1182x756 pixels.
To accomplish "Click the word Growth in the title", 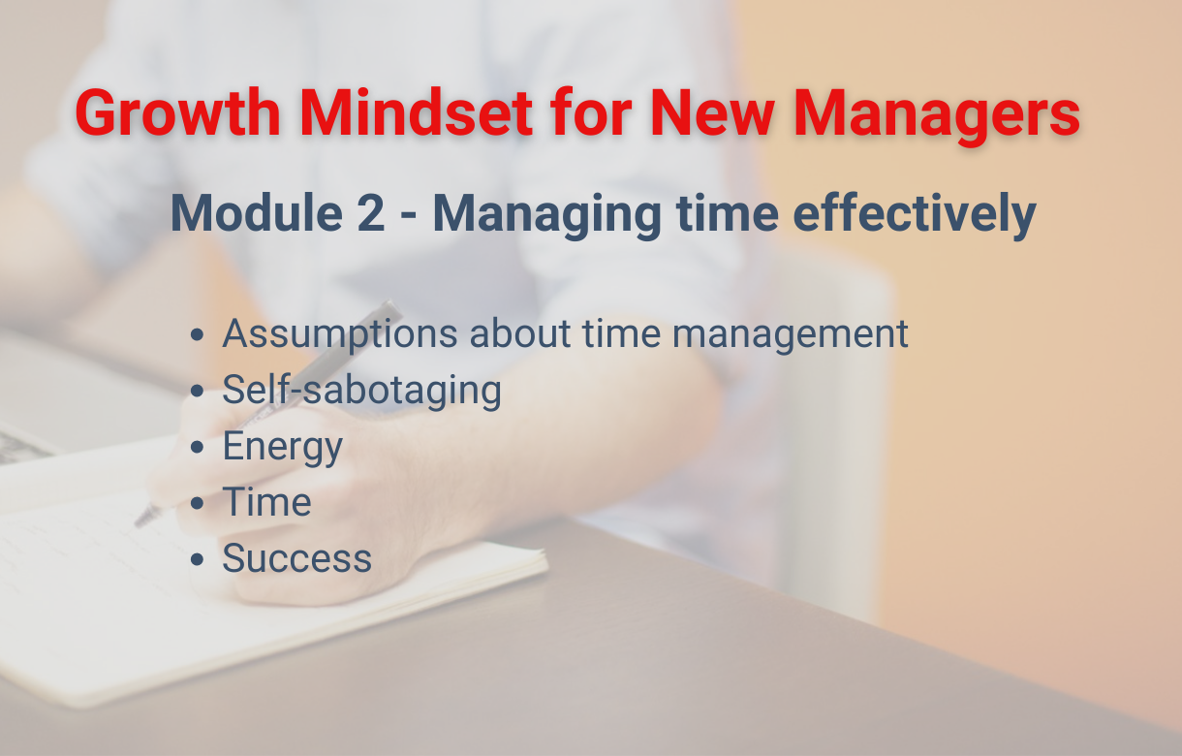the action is click(178, 112).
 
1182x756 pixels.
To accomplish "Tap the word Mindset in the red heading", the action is click(417, 112).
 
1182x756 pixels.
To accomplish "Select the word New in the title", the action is click(712, 112).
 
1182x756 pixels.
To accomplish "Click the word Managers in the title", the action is click(937, 116).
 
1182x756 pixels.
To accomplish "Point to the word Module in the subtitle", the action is click(257, 213).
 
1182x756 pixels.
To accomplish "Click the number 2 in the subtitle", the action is click(370, 213).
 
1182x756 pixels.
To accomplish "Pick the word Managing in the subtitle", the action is click(547, 216).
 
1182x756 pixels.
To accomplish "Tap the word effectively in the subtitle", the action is click(915, 215).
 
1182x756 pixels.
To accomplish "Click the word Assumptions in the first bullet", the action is click(340, 335).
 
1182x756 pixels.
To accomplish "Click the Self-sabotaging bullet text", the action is click(362, 391).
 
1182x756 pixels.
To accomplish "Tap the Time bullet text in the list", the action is click(267, 501).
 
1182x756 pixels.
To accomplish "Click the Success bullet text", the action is click(297, 558).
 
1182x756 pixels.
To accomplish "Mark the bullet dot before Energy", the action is click(197, 447).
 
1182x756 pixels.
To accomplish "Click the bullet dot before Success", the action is click(197, 559).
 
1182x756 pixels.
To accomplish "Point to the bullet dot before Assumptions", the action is click(197, 334).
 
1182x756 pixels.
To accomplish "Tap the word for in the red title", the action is click(591, 112).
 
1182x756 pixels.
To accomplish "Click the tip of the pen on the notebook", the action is click(137, 525).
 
